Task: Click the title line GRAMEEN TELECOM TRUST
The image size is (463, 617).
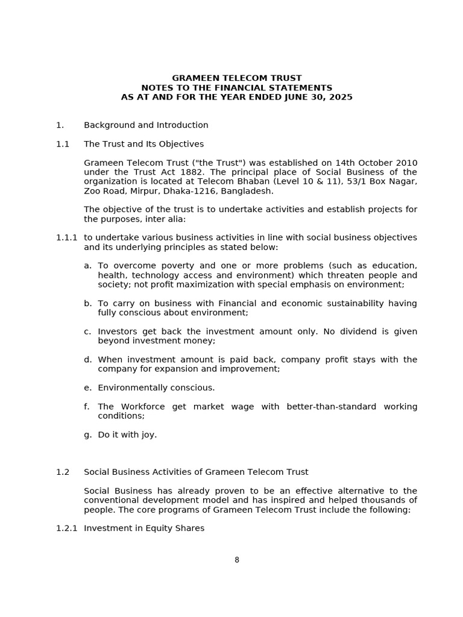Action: pyautogui.click(x=236, y=78)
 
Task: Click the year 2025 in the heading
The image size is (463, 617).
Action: pyautogui.click(x=341, y=97)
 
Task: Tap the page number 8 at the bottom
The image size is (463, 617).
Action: pyautogui.click(x=237, y=560)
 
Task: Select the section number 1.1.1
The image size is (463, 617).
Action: pyautogui.click(x=66, y=237)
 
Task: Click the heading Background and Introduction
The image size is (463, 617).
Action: pyautogui.click(x=146, y=125)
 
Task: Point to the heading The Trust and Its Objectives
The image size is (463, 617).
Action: pyautogui.click(x=143, y=144)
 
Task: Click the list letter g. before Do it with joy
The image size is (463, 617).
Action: pyautogui.click(x=87, y=434)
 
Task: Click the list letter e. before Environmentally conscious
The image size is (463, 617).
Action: pyautogui.click(x=87, y=387)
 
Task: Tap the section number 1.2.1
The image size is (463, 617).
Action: pyautogui.click(x=66, y=528)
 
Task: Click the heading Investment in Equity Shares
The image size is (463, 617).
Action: pyautogui.click(x=144, y=528)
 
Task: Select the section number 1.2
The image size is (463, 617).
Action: pyautogui.click(x=63, y=472)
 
